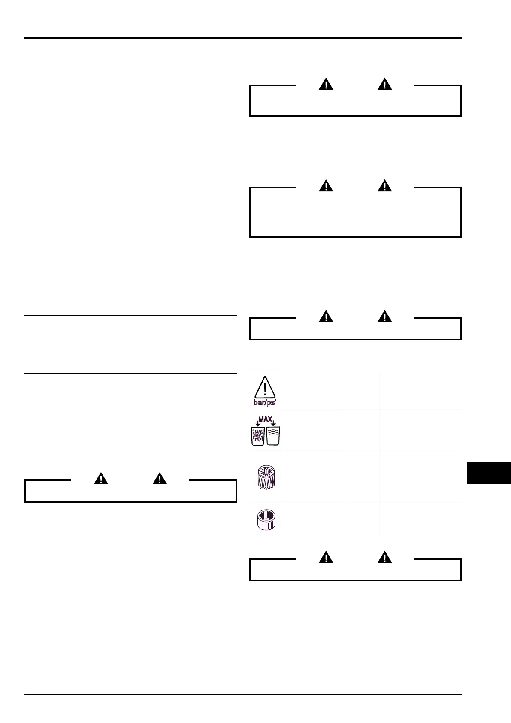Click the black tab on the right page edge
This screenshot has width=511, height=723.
[x=489, y=473]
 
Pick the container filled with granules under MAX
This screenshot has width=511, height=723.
[x=257, y=436]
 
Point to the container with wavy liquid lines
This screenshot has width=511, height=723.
[x=273, y=436]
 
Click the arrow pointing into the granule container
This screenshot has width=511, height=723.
[x=257, y=423]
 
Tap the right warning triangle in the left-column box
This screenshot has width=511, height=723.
[x=160, y=479]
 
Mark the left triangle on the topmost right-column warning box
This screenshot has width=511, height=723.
[x=327, y=84]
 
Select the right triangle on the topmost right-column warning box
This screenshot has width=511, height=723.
[x=385, y=84]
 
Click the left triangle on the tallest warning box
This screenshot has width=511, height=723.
[x=327, y=186]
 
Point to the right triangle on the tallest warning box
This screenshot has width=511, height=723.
[x=385, y=186]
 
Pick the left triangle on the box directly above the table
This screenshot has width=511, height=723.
[x=327, y=317]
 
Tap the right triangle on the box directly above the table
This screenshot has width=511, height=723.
[x=385, y=317]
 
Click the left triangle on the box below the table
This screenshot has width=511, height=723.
[x=327, y=557]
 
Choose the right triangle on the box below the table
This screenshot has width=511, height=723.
[x=385, y=557]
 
